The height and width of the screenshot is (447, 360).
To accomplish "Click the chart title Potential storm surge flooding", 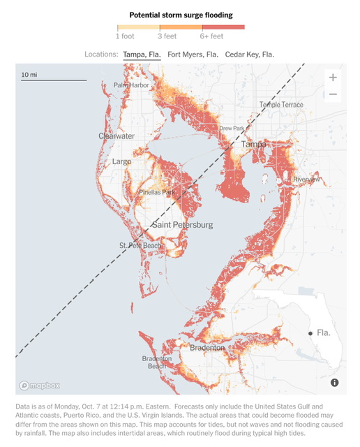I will (181, 15).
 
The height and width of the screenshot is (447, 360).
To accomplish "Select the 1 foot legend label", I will (126, 36).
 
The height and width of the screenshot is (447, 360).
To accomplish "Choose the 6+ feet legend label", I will (211, 36).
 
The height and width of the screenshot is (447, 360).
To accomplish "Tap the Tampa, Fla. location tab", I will (142, 54).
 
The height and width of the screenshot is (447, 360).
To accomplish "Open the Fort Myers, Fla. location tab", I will (193, 54).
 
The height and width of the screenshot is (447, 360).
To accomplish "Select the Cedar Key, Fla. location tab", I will (249, 54).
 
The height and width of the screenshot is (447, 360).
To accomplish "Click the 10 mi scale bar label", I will (29, 74).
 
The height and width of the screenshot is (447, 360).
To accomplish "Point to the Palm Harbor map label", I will (132, 85).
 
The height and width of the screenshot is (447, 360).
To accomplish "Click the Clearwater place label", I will (117, 136).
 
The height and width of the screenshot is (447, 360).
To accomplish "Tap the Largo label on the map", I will (122, 162).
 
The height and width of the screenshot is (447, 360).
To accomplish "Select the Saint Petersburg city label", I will (182, 225).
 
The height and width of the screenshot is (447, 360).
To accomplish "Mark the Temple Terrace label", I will (281, 105).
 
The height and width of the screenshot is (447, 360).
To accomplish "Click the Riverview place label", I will (307, 179).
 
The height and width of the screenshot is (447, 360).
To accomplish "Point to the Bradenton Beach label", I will (156, 362).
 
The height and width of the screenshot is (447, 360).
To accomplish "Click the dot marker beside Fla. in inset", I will (310, 334).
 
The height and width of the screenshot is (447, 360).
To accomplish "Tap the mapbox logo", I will (40, 385).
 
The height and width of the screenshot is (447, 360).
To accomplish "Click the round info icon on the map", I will (334, 383).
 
